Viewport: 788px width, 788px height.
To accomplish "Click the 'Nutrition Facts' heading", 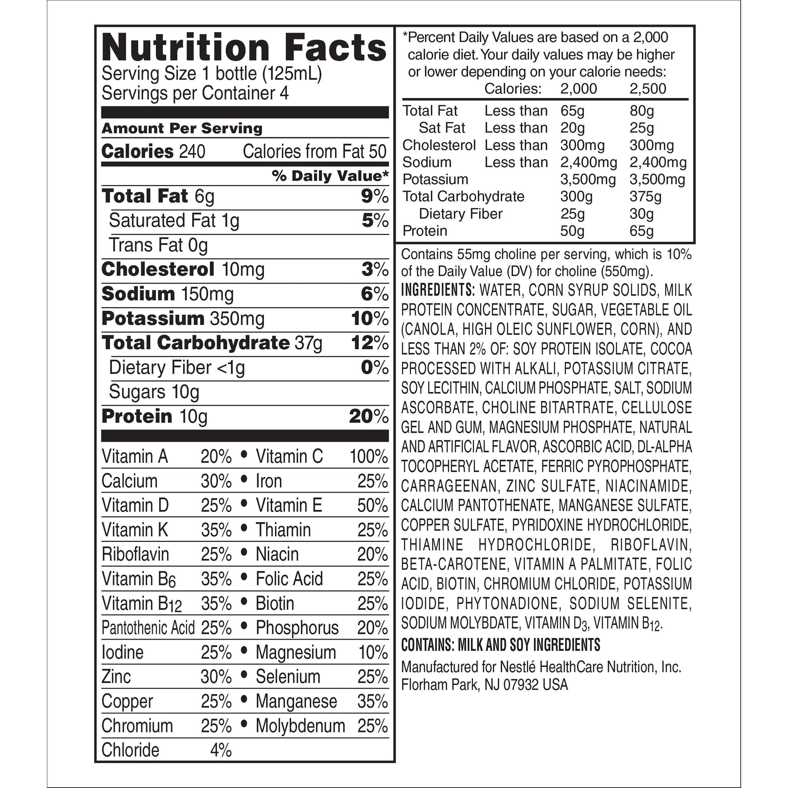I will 244,48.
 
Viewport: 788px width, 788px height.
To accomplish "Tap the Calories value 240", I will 192,152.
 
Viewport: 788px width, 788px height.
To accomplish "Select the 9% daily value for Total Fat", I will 374,197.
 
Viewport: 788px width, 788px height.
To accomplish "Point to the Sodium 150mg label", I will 168,294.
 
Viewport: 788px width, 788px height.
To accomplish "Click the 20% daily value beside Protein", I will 368,416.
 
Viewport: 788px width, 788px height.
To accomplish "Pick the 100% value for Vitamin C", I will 368,456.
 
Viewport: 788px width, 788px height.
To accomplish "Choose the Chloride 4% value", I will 221,750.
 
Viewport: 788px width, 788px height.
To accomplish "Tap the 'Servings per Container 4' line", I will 195,93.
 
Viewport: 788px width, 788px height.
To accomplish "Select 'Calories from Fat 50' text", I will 314,152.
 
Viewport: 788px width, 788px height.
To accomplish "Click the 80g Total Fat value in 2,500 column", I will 642,111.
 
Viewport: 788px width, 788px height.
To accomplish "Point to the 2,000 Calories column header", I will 578,89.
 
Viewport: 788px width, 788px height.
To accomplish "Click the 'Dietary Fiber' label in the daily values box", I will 460,214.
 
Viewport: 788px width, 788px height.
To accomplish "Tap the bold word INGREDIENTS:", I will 438,290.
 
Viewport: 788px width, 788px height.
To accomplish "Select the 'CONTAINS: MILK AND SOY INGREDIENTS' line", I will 500,645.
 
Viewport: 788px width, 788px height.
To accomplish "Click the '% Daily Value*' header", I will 330,176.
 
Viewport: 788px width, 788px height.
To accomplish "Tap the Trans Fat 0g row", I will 158,246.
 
